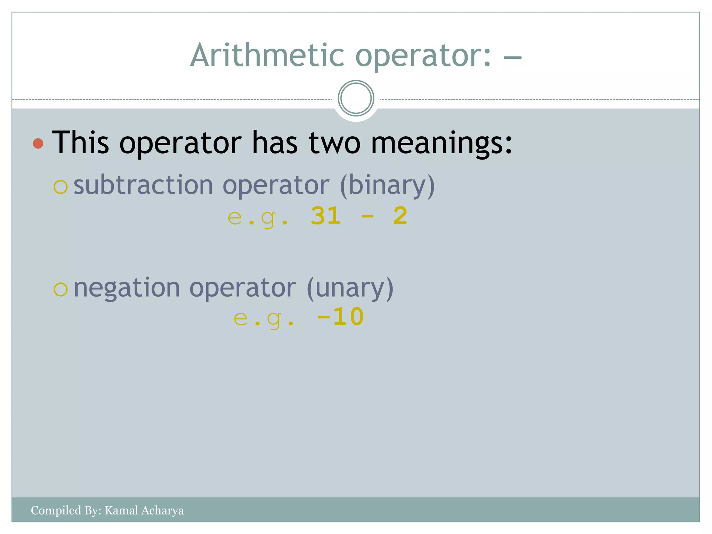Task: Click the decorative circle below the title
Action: pos(356,98)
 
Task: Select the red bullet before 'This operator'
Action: pos(38,143)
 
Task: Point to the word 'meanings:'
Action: pos(441,143)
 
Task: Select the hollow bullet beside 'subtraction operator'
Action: pos(60,187)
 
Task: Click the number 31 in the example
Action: pos(326,216)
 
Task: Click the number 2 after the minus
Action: pos(400,216)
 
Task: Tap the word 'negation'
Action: pos(127,288)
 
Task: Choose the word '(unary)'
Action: pos(350,288)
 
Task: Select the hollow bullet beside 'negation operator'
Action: pos(60,289)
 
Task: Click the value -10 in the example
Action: pos(340,317)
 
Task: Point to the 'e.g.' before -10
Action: pos(264,318)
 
